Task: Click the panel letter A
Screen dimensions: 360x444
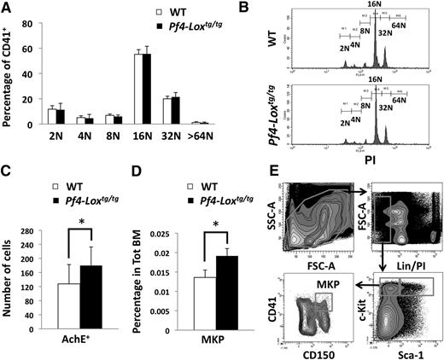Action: tap(7, 9)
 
